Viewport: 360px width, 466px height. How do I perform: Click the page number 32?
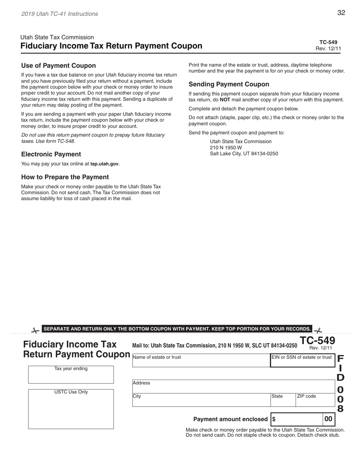pos(341,13)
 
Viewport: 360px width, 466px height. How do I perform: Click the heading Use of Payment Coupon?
pos(58,66)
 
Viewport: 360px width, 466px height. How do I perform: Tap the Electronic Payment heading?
pos(51,154)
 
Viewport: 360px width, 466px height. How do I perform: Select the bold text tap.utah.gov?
pos(104,164)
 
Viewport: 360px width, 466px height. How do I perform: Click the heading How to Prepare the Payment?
pos(65,177)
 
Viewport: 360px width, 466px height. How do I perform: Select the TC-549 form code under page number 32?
pos(328,42)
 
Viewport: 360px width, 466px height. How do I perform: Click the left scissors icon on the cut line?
pos(35,330)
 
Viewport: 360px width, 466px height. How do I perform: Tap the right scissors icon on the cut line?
pos(318,330)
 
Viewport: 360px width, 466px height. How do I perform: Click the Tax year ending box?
pos(71,375)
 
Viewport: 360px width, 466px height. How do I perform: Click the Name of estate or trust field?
pos(201,361)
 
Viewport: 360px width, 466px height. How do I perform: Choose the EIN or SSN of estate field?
pos(302,361)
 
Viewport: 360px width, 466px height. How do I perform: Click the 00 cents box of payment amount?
pos(328,419)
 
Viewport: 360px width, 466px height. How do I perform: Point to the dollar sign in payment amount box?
pos(274,419)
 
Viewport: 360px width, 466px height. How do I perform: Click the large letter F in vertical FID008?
pos(340,359)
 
